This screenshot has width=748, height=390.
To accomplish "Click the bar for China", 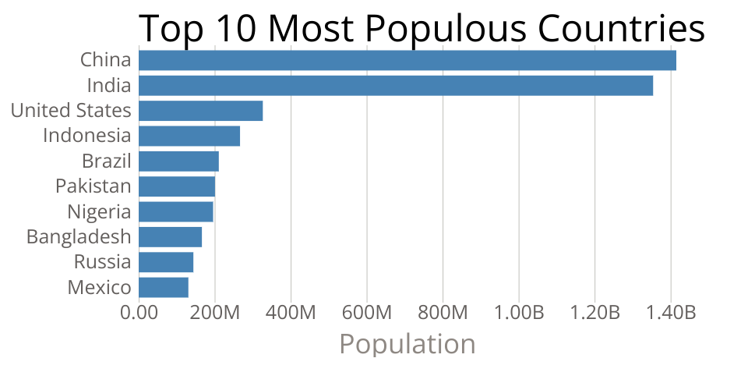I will coord(408,60).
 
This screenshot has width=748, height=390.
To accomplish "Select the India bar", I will coord(396,86).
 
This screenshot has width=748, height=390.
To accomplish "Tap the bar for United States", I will coord(201,111).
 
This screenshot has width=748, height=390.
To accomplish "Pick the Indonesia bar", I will coord(189,136).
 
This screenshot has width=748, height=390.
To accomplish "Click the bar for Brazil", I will coord(179,161).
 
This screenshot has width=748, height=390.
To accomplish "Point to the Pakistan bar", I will coord(177,186).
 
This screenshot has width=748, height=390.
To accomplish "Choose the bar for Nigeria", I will coord(176,211).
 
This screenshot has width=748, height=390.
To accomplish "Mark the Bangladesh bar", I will coord(171,236).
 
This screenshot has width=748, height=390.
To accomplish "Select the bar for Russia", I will coord(166,262).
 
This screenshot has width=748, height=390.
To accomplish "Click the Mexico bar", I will coord(164,287).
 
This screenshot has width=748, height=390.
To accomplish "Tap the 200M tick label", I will coord(215,314).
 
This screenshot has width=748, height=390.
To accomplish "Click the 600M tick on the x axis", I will coord(367,314).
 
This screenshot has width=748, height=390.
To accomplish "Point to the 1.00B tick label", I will coord(519,314).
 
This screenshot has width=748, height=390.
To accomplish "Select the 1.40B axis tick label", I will coord(671,314).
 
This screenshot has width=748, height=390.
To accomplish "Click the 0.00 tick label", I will coord(139,314).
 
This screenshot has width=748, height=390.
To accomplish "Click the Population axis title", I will coord(408,344).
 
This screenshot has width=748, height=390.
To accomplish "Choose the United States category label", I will coord(71,111).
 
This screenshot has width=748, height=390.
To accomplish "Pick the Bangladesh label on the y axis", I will coord(79,236).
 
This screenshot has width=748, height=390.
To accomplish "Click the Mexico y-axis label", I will coord(100,287).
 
